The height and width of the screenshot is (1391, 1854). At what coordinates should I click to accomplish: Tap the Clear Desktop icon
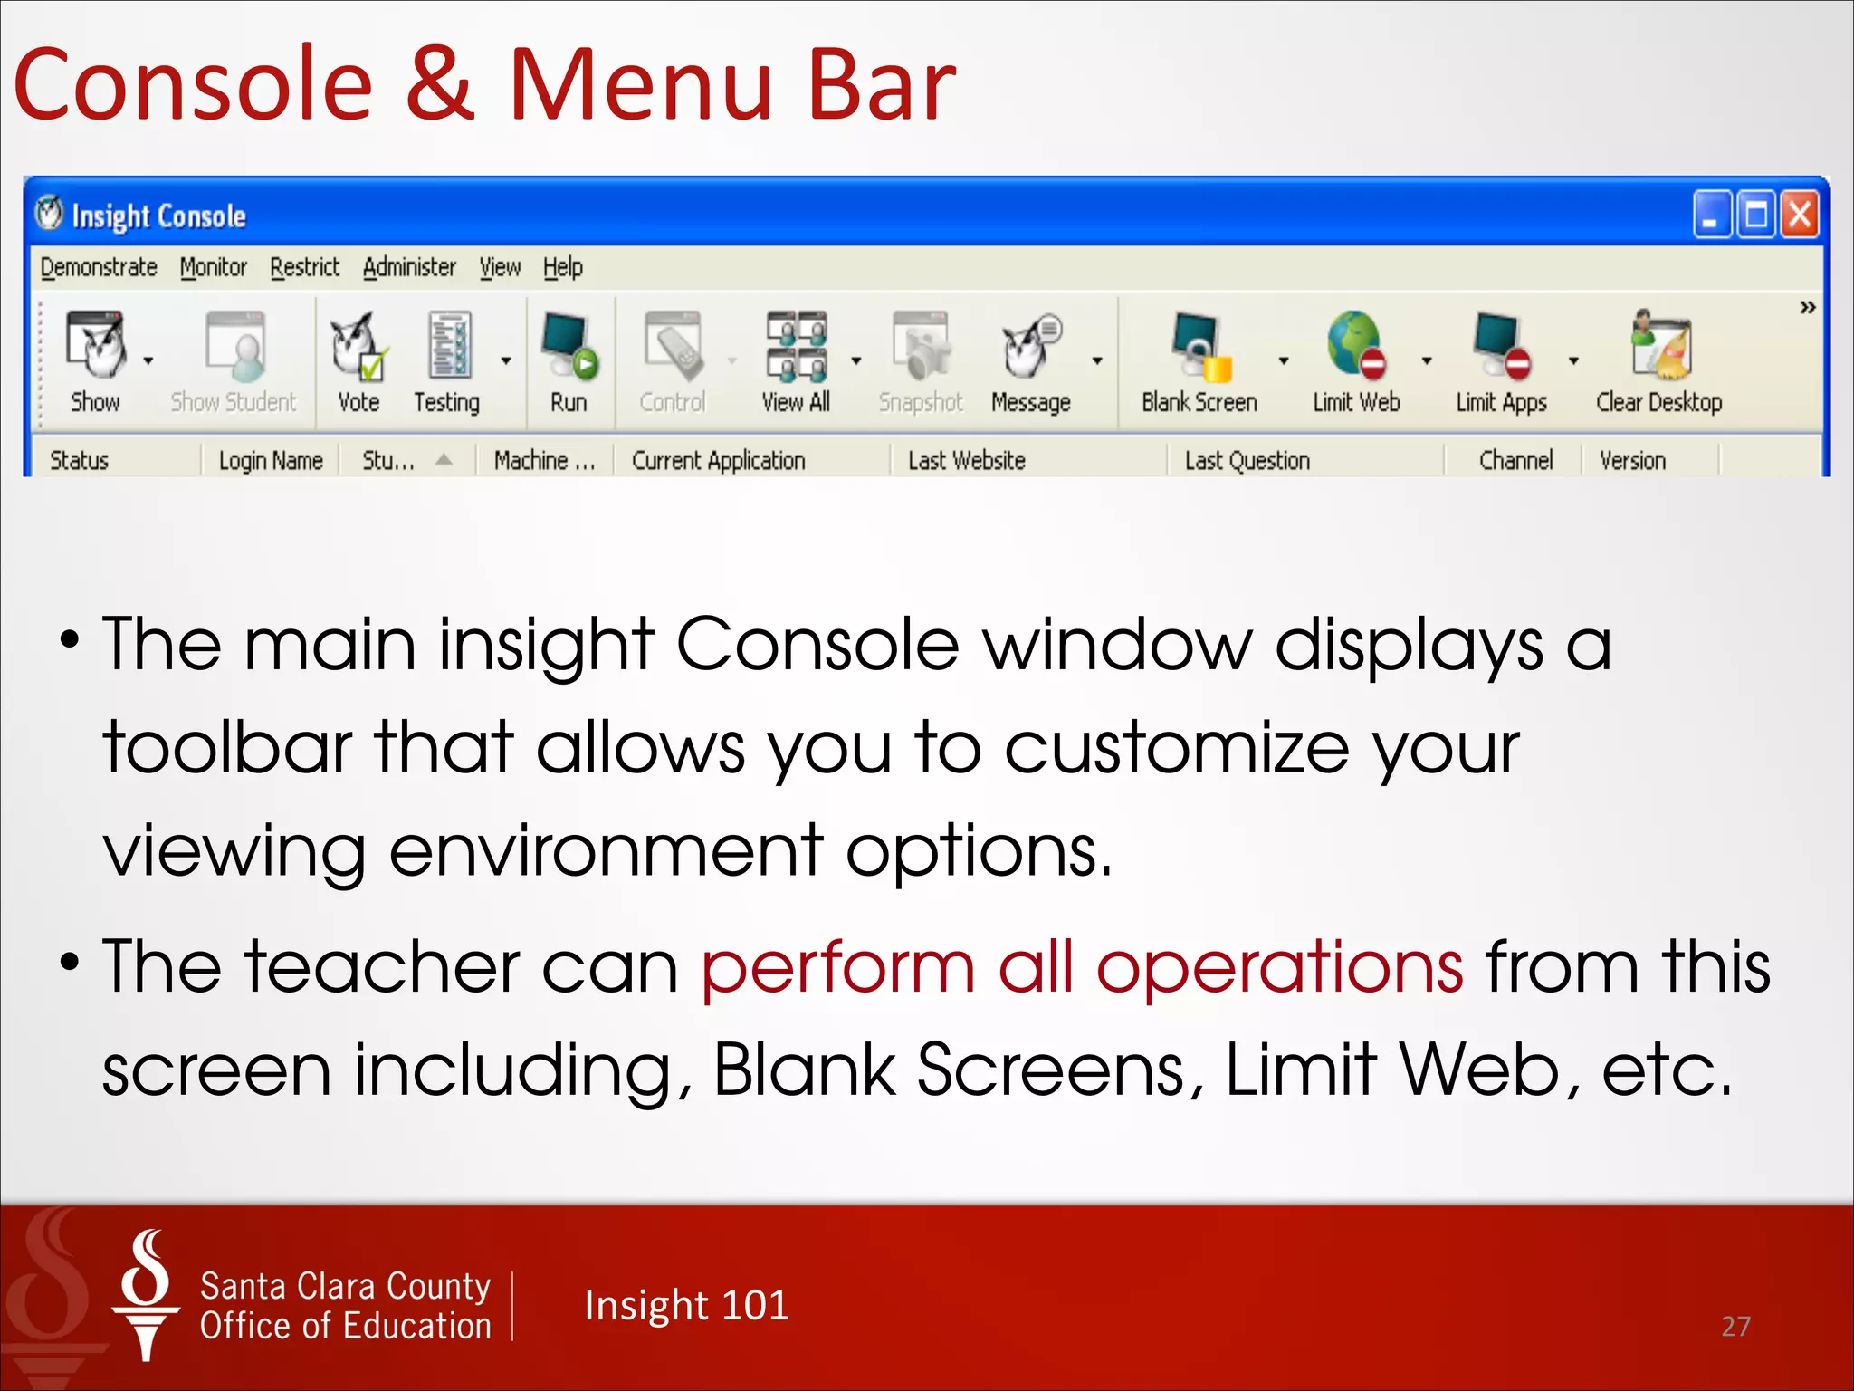tap(1659, 347)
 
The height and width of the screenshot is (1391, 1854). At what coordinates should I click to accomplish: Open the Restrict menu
tap(304, 268)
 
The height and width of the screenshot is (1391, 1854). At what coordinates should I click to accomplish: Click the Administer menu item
tap(409, 268)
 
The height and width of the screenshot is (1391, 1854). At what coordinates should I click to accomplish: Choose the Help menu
tap(562, 268)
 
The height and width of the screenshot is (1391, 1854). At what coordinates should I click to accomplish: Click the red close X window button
tap(1800, 216)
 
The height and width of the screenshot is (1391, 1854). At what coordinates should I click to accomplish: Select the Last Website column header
tap(966, 461)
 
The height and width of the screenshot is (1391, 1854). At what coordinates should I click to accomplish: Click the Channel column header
tap(1515, 461)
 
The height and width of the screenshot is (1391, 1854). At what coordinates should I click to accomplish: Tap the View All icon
tap(796, 347)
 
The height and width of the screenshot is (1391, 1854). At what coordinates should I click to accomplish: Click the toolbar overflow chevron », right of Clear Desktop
tap(1807, 308)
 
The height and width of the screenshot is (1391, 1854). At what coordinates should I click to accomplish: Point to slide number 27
tap(1735, 1327)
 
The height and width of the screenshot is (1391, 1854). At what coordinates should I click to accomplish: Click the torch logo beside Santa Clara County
tap(146, 1295)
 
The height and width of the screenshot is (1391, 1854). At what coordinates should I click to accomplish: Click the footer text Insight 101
tap(686, 1306)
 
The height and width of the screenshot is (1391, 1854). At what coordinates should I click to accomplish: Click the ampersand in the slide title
tap(440, 86)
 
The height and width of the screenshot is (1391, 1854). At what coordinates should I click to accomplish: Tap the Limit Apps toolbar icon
tap(1501, 347)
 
